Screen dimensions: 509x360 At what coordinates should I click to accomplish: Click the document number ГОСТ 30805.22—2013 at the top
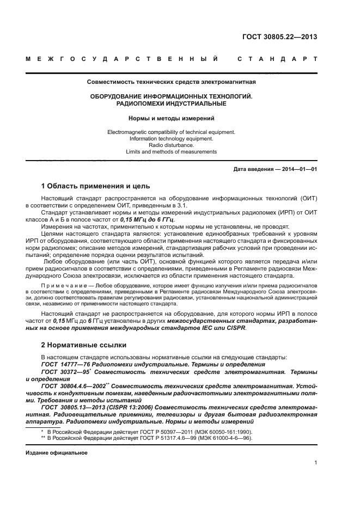(x=279, y=37)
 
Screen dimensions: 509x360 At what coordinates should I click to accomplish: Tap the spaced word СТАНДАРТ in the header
(x=277, y=58)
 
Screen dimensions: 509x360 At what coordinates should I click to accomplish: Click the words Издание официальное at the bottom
(x=56, y=452)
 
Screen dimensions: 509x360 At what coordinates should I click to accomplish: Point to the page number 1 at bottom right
(x=315, y=462)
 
